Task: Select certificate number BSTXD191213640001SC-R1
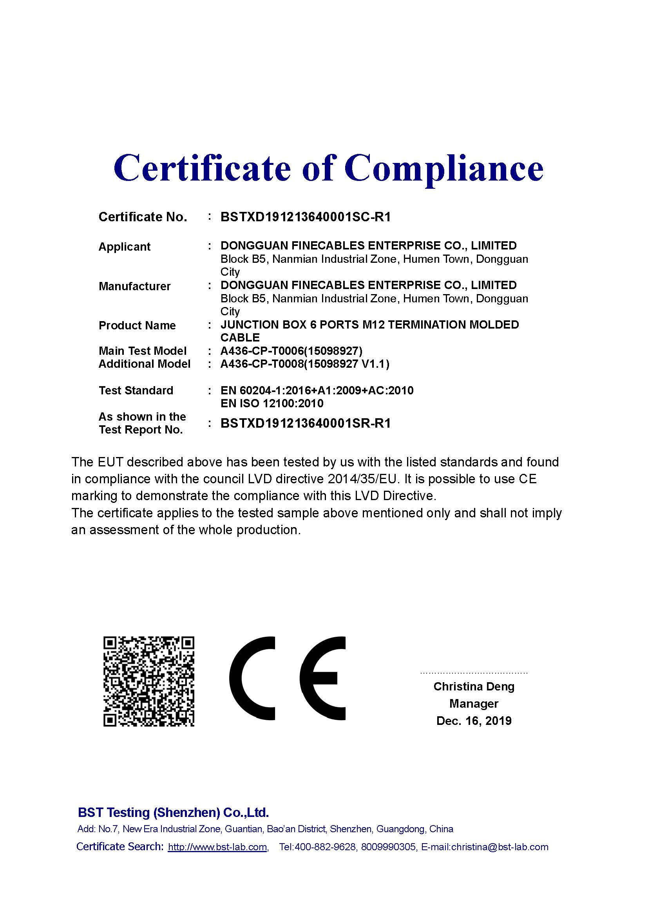click(x=306, y=217)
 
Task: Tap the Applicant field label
click(x=124, y=247)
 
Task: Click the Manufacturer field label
click(x=134, y=286)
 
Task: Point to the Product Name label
click(x=137, y=325)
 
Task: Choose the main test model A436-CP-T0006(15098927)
click(x=291, y=351)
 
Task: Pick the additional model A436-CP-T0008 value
click(x=305, y=364)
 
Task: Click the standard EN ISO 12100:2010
click(x=272, y=403)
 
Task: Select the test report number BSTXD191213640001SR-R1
click(x=306, y=423)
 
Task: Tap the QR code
click(x=149, y=681)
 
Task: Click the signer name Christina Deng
click(x=474, y=687)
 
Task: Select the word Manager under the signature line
click(x=474, y=704)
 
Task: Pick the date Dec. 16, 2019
click(x=474, y=721)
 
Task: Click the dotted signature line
click(x=474, y=673)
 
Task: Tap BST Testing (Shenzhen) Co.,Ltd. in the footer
click(x=173, y=813)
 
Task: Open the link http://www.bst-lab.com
click(x=217, y=847)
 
